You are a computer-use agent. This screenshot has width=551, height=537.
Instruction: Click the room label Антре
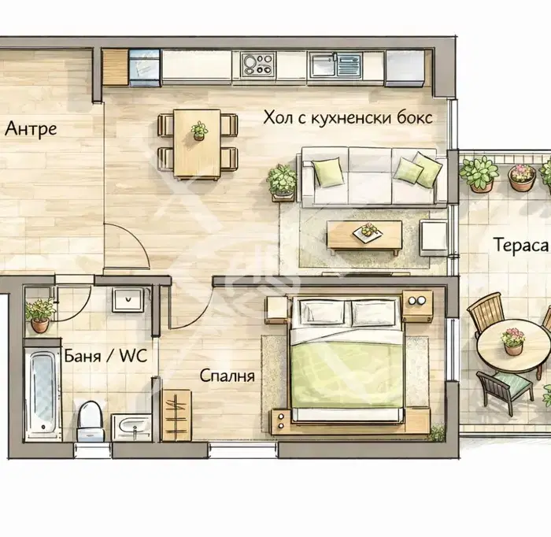pyautogui.click(x=31, y=128)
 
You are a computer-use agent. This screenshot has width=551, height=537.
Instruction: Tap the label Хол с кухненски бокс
pyautogui.click(x=348, y=117)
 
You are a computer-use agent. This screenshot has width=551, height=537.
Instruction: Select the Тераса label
pyautogui.click(x=521, y=245)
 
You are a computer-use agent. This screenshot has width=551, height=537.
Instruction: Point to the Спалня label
pyautogui.click(x=227, y=376)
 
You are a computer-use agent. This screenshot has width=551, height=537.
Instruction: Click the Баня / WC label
pyautogui.click(x=105, y=356)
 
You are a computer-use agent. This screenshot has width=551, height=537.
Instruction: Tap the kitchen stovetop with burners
pyautogui.click(x=258, y=65)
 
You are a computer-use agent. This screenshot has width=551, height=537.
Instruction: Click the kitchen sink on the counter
pyautogui.click(x=335, y=65)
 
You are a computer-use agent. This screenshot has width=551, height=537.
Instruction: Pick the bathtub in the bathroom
pyautogui.click(x=43, y=390)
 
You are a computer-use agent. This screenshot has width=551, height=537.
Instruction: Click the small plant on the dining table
pyautogui.click(x=199, y=131)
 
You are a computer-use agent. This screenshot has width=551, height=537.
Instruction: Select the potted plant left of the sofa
pyautogui.click(x=282, y=180)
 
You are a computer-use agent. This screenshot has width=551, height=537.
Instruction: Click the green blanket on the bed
pyautogui.click(x=346, y=373)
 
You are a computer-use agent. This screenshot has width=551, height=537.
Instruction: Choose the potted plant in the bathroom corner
pyautogui.click(x=39, y=315)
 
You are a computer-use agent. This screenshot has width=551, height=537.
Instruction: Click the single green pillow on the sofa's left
pyautogui.click(x=327, y=171)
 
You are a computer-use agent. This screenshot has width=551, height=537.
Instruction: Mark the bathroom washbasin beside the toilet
pyautogui.click(x=131, y=427)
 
